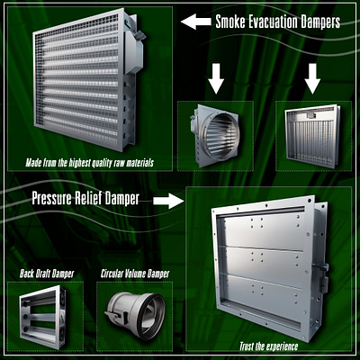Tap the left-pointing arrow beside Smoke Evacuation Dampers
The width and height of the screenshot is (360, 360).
tap(196, 22)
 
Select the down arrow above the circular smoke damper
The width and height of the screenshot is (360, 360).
tap(216, 78)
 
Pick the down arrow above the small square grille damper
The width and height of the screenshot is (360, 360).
tap(312, 78)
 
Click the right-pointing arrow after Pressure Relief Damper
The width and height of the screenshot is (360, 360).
tap(168, 201)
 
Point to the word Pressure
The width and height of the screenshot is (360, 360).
tap(52, 199)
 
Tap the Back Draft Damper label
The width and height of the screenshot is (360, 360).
tap(47, 274)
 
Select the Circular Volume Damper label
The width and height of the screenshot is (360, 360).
tap(135, 274)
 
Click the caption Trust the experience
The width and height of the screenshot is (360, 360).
tap(268, 346)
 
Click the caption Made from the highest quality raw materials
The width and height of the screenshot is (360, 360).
tap(89, 163)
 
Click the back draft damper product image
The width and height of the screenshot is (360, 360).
tap(43, 317)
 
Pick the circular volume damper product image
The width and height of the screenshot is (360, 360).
tap(135, 317)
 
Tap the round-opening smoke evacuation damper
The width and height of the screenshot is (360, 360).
tap(215, 135)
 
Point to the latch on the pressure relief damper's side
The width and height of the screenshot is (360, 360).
tap(323, 277)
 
